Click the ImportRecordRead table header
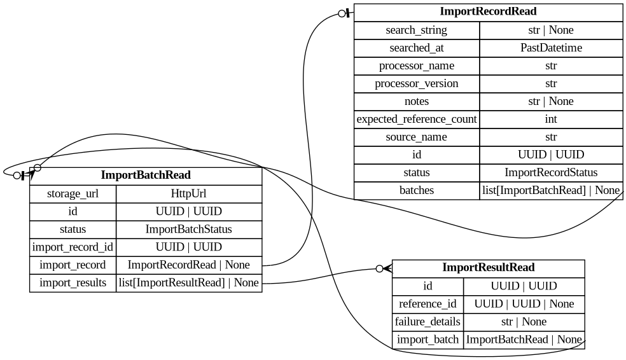coord(488,12)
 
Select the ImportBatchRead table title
coord(146,176)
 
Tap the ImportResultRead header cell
coord(488,268)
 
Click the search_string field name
coord(416,31)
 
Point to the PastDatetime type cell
coord(551,48)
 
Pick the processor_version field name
coord(416,84)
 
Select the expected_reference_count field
coord(416,120)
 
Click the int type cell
coord(551,120)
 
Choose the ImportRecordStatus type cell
coord(551,173)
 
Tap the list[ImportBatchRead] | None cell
coord(551,191)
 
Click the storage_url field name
coord(73,194)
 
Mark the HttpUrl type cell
coord(189,194)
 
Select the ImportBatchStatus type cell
coord(189,230)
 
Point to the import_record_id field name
coord(73,247)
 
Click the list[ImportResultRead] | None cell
coord(189,283)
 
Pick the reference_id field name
coord(428,304)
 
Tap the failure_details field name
coord(428,322)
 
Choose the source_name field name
coord(416,137)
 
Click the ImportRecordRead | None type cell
coord(189,265)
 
